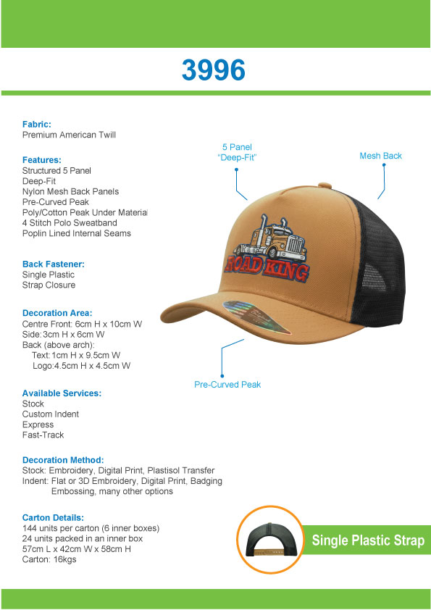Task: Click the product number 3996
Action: [213, 70]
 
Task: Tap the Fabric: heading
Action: [37, 125]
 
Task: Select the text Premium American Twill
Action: [69, 135]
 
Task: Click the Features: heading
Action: [41, 160]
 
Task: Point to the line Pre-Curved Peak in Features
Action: [55, 202]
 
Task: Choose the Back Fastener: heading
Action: [53, 264]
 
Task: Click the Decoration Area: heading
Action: [57, 314]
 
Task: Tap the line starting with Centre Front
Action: [82, 324]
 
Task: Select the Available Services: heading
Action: [62, 393]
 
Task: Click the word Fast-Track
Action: [43, 435]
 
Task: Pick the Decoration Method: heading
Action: [63, 460]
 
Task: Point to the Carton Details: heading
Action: [53, 518]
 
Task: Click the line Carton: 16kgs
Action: [50, 559]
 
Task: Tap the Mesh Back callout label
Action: [380, 156]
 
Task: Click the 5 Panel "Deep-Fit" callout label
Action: [237, 152]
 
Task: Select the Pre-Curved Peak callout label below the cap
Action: [227, 385]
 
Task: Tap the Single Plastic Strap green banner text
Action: [368, 540]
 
